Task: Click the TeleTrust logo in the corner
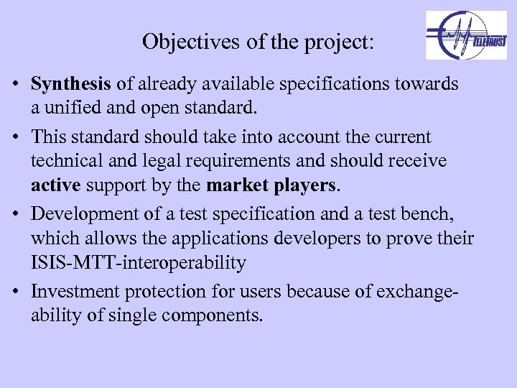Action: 466,35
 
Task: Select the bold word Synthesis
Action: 71,84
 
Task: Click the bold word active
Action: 56,186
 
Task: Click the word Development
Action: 83,213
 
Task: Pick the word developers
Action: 316,238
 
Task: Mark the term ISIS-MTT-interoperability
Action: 138,263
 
